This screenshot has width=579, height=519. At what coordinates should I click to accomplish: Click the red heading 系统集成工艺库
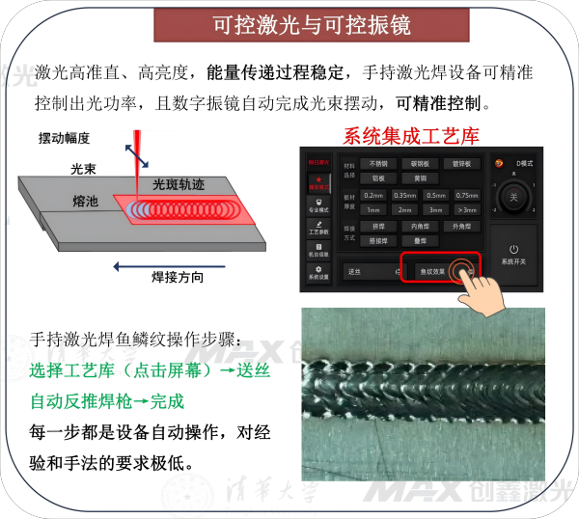point(410,136)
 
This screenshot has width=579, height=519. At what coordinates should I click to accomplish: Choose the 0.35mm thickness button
point(404,196)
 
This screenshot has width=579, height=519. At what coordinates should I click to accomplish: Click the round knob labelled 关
point(513,197)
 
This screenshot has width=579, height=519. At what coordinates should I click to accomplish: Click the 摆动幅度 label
point(64,138)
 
